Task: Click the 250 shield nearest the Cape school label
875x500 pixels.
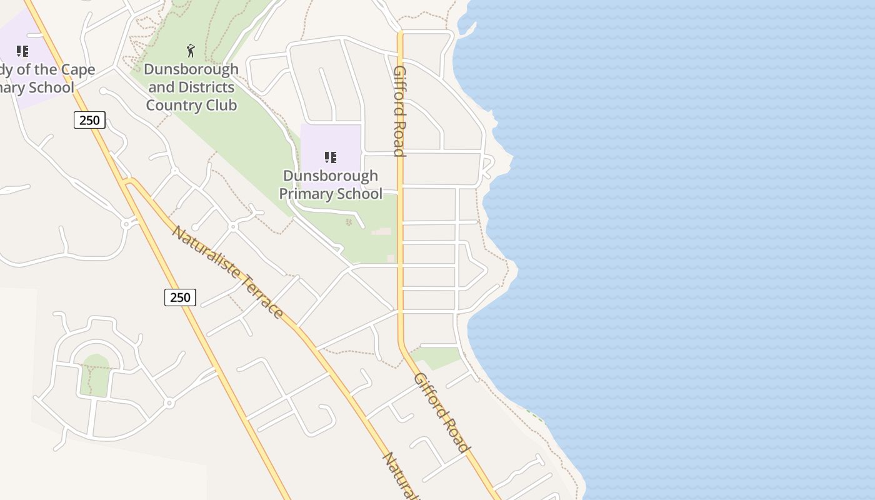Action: coord(89,119)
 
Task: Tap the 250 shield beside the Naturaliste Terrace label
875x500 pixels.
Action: coord(180,297)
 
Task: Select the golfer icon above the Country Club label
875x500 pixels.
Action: coord(191,51)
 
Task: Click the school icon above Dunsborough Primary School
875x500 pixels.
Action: coord(331,157)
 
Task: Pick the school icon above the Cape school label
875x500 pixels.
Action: coord(22,51)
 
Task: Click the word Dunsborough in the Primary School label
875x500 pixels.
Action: coord(331,176)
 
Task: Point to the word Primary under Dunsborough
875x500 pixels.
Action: coord(306,194)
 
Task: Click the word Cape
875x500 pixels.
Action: coord(77,69)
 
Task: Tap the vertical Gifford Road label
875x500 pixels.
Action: coord(399,111)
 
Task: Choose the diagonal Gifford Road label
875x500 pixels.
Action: coord(441,412)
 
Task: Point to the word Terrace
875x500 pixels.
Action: coord(262,297)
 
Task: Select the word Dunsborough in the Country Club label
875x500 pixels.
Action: coord(191,69)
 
